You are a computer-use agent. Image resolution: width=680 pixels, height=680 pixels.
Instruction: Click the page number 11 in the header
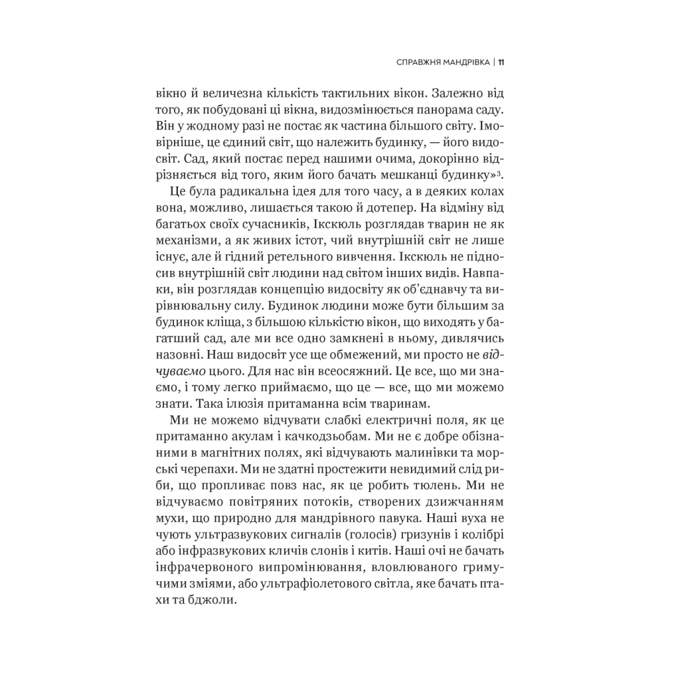[503, 63]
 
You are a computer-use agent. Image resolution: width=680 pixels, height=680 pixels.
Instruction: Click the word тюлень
[435, 486]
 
